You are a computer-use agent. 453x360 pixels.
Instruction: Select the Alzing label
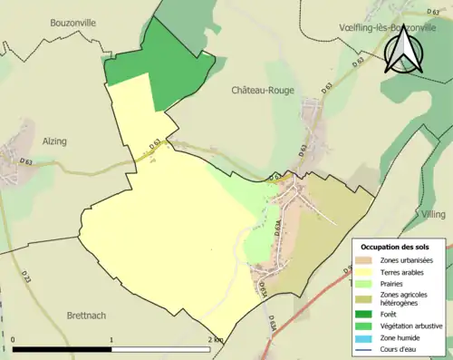(x=55, y=141)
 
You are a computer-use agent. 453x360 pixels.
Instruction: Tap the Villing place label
(x=434, y=213)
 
